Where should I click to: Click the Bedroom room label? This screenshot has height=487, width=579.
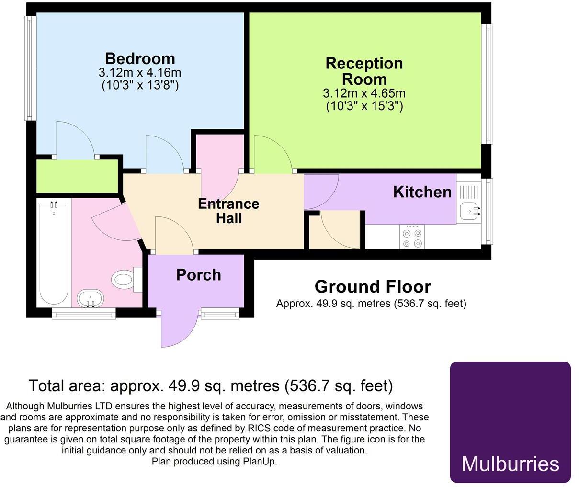(x=140, y=58)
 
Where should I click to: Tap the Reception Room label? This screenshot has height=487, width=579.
(x=364, y=71)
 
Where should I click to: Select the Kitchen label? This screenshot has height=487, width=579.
(x=422, y=192)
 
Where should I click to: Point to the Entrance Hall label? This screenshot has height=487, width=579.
(x=228, y=211)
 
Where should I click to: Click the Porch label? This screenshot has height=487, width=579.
(x=198, y=275)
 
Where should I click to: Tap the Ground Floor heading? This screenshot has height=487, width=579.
(x=373, y=286)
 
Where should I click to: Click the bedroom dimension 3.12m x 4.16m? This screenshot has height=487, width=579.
(x=140, y=73)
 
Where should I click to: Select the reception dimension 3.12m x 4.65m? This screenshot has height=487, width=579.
(x=364, y=93)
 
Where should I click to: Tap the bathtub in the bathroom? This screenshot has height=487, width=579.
(x=53, y=254)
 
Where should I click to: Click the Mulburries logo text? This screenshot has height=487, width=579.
(x=510, y=464)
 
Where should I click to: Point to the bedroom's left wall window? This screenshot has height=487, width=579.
(x=31, y=68)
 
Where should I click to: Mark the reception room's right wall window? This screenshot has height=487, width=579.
(x=488, y=84)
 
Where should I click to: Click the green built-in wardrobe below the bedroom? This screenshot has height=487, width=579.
(x=78, y=176)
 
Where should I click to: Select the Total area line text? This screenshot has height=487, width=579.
(x=211, y=385)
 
